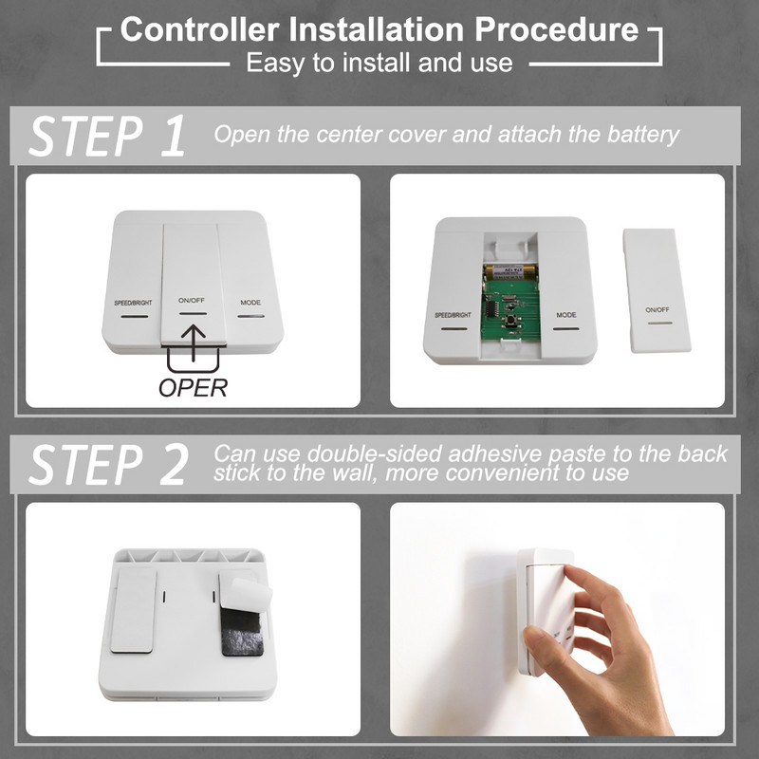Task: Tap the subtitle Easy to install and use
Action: pos(379,64)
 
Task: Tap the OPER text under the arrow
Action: pos(193,387)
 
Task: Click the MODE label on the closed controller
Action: pos(250,304)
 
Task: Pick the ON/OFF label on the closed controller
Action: pos(192,300)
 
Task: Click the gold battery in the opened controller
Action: pos(509,270)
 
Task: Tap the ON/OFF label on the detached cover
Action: pos(657,310)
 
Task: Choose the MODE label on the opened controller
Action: pos(566,315)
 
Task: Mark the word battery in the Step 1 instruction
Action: pos(642,134)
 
